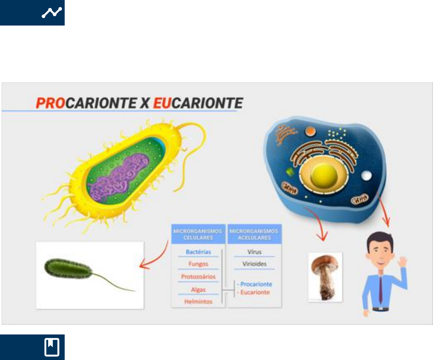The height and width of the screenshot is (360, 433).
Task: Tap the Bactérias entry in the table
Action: click(198, 252)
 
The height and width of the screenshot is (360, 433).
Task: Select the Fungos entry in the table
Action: click(198, 264)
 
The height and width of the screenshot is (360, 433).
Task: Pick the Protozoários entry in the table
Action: click(198, 276)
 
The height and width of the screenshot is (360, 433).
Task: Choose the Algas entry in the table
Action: click(198, 290)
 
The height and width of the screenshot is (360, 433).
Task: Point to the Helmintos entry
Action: click(198, 302)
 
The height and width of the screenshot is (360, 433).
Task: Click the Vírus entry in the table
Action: click(255, 252)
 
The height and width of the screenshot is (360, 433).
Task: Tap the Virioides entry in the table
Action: click(255, 264)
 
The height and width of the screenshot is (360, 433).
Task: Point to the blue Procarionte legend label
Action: click(256, 284)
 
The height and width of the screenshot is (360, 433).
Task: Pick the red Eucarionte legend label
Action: click(255, 292)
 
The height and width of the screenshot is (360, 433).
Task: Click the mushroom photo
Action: click(325, 277)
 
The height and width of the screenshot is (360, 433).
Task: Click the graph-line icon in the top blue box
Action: click(52, 13)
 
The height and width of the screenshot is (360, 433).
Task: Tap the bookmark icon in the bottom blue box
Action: click(52, 347)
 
